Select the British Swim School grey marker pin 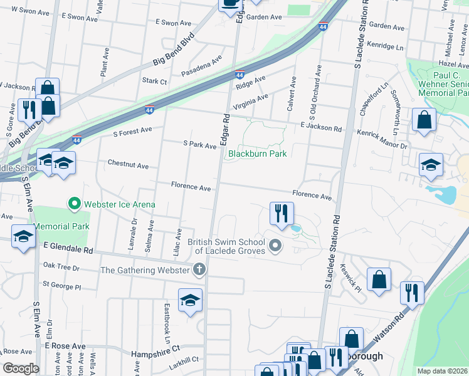[274, 246]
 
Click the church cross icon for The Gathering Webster [199, 270]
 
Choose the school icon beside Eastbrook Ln [190, 300]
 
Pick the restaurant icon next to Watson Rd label [411, 293]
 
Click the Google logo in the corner [20, 368]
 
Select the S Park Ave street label [199, 145]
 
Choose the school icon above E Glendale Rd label [23, 236]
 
